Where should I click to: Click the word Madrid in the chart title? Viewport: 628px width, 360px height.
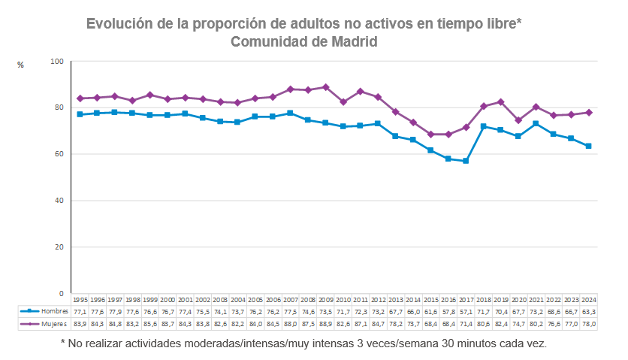coord(352,41)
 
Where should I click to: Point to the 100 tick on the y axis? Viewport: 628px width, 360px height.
coord(57,61)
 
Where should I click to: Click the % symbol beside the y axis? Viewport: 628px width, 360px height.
coord(20,65)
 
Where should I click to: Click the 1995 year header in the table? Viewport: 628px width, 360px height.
coord(80,298)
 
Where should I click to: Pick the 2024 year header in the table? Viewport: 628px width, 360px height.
coord(588,298)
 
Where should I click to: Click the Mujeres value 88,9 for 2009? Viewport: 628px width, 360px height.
coord(325,324)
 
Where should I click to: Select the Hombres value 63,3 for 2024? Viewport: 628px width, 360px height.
coord(588,310)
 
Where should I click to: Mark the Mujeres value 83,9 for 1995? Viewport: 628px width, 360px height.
coord(80,324)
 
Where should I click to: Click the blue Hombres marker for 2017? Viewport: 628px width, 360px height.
coord(466,161)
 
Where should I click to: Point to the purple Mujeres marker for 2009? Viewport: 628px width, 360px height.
coord(325,87)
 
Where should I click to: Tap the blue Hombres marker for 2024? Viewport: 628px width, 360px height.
coord(589,146)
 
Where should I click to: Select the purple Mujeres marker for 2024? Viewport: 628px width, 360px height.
coord(589,112)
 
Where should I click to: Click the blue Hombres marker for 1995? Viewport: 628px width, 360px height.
coord(80,114)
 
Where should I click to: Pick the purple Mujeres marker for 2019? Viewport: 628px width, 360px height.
coord(501,102)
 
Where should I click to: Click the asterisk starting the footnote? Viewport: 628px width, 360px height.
coord(63,343)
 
